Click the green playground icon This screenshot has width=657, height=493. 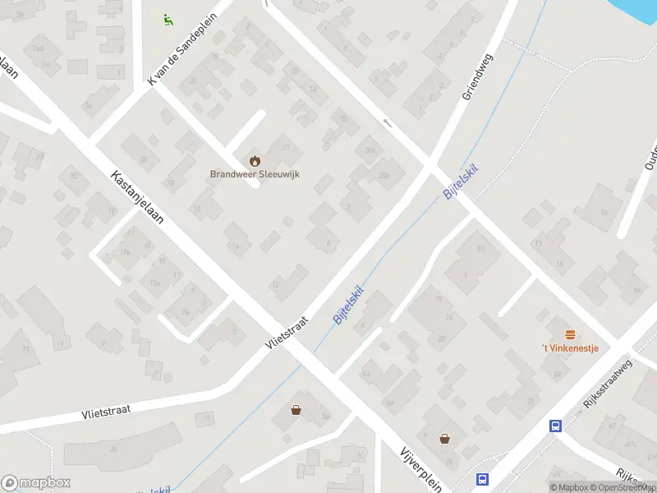pos(168,20)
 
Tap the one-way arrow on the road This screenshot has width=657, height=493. pos(388,123)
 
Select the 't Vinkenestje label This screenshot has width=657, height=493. pos(569,348)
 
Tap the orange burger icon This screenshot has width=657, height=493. pos(570,334)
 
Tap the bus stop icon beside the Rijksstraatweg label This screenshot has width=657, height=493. pos(555,426)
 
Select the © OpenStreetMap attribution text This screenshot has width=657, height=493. pos(620,487)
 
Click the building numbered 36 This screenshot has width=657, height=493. pos(113,449)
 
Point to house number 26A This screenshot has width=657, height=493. pos(37,49)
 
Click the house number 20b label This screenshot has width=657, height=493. pos(384,175)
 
